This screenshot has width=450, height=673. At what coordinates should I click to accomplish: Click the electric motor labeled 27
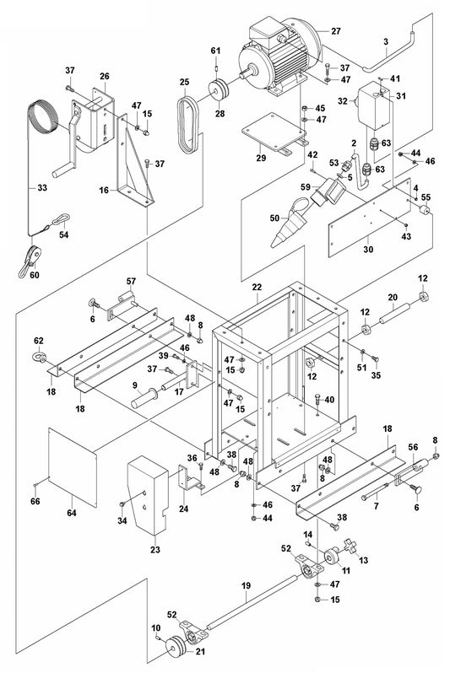point(279,58)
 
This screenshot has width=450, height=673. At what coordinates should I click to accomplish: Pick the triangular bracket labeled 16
point(133,163)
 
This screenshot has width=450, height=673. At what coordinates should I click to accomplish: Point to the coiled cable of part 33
point(43,116)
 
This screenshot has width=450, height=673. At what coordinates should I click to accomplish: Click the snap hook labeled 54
point(60,221)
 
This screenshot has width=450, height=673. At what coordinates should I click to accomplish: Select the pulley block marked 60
point(30,260)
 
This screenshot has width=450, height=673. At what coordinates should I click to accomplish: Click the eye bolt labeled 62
point(39,356)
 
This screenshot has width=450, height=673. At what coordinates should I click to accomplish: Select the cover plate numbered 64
point(73,467)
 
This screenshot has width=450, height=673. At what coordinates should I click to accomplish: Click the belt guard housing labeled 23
point(148,495)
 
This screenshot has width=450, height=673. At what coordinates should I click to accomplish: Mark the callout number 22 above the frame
point(257,287)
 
